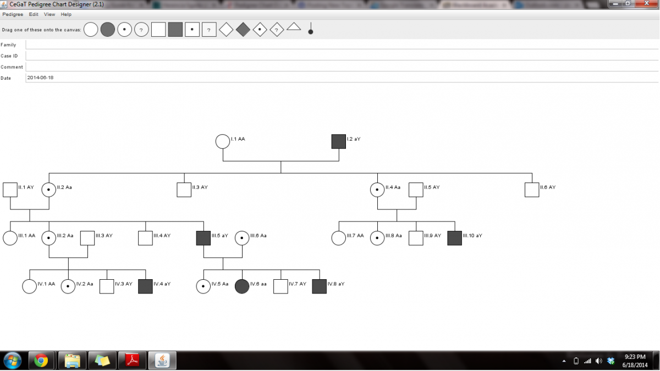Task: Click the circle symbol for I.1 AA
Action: [222, 141]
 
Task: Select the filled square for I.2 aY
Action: [338, 141]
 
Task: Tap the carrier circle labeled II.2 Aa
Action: [49, 190]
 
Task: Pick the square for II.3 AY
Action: [184, 190]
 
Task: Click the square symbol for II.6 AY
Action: [532, 190]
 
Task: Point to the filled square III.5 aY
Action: [204, 238]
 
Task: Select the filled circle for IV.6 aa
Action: [242, 286]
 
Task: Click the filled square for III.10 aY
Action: [454, 238]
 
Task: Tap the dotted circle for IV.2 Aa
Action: [68, 286]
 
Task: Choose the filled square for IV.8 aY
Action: [319, 286]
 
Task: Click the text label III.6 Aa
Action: [258, 236]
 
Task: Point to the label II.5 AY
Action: [432, 187]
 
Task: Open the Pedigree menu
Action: [13, 14]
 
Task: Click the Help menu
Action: [66, 14]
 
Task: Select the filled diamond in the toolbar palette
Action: [243, 30]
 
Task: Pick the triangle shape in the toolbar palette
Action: [294, 26]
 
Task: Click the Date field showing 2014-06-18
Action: [341, 77]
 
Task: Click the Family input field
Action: [341, 45]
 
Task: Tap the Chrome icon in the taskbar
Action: [41, 361]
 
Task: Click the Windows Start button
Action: [12, 361]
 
